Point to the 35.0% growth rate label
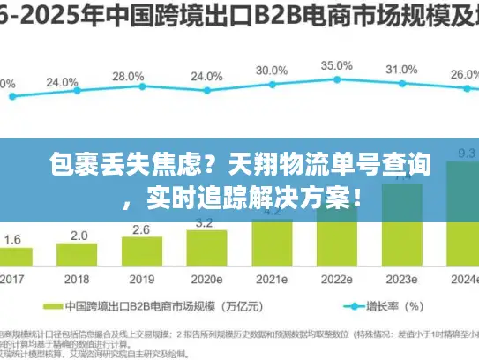click(x=336, y=65)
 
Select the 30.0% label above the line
click(x=271, y=71)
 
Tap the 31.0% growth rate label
click(x=401, y=70)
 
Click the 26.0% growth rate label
click(x=464, y=76)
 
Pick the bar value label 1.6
click(x=13, y=240)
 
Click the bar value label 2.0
click(x=79, y=236)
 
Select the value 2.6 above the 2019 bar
click(x=141, y=229)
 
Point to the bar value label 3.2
click(x=205, y=222)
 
